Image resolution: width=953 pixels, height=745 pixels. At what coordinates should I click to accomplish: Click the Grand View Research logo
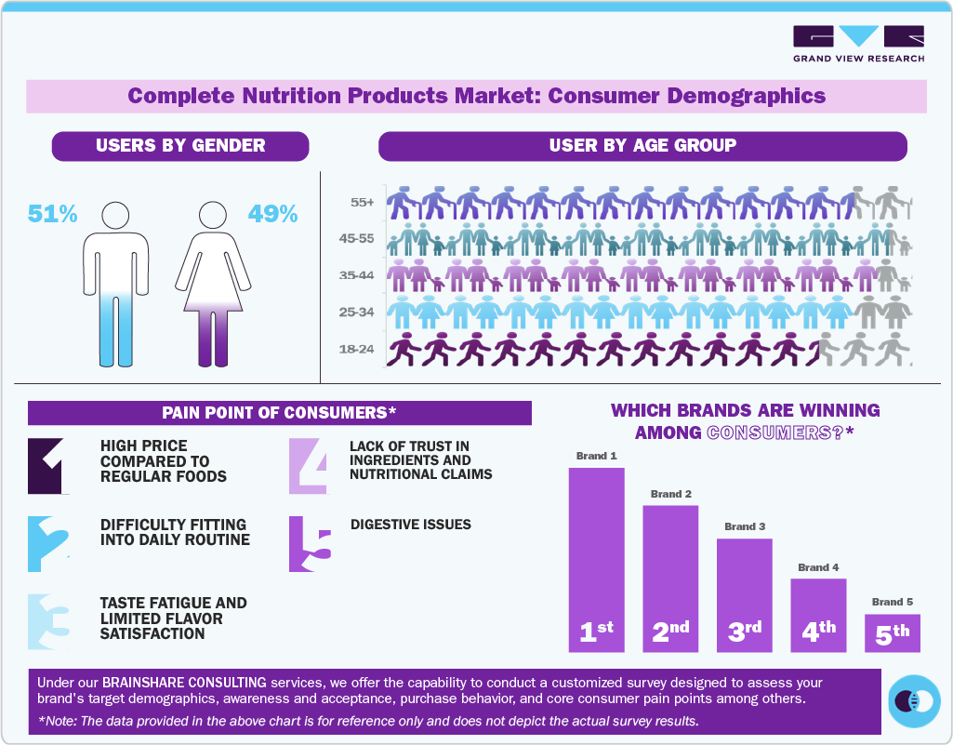(x=858, y=43)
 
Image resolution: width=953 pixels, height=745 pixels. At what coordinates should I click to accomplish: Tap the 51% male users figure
(x=52, y=214)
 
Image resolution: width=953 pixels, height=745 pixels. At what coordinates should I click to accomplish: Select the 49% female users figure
(x=272, y=214)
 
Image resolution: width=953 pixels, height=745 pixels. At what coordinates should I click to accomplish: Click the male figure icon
(x=115, y=284)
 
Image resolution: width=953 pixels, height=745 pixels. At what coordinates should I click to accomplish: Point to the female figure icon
(x=214, y=284)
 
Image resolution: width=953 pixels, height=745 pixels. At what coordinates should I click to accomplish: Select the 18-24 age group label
(x=357, y=350)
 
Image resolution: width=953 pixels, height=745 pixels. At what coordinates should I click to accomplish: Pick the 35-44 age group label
(x=357, y=275)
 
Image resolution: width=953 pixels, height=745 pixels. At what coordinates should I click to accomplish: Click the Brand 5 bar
(x=892, y=632)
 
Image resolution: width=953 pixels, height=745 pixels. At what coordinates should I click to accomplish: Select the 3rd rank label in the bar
(x=744, y=632)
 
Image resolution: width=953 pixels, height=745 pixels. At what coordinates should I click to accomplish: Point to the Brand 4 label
(x=818, y=567)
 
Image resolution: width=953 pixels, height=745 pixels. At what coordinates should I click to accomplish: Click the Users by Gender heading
(x=180, y=145)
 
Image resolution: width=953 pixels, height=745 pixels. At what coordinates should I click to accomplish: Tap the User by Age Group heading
(x=642, y=145)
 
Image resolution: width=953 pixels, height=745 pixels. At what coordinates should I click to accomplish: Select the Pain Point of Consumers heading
(x=279, y=412)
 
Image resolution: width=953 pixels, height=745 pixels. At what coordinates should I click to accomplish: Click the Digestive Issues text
(x=410, y=525)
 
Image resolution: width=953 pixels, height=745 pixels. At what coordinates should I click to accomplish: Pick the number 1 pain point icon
(x=47, y=465)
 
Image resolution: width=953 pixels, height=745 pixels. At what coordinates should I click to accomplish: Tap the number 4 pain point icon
(x=308, y=465)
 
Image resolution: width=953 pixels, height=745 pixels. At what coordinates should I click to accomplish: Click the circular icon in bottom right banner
(x=915, y=701)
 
